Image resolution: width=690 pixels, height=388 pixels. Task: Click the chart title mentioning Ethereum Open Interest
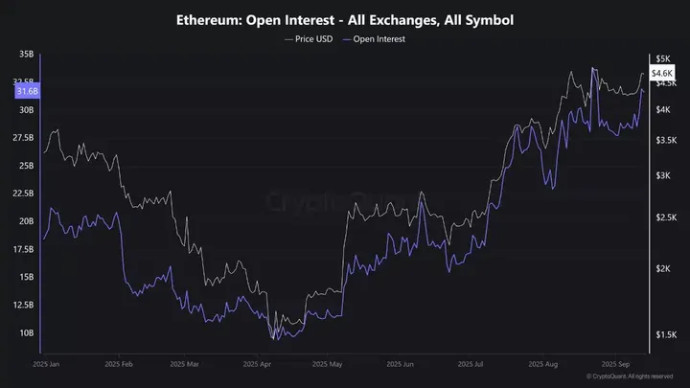[344, 19]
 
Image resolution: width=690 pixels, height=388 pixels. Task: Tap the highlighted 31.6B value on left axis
[27, 91]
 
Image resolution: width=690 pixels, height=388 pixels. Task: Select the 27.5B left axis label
[23, 138]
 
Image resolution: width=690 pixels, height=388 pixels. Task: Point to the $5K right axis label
[662, 58]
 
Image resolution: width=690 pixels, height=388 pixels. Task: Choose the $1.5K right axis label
[664, 334]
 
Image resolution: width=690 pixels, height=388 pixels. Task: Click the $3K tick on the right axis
[662, 176]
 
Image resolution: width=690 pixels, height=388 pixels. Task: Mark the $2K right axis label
[662, 269]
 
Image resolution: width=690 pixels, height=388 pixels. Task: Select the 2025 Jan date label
[46, 364]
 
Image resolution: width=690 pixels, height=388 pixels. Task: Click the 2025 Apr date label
[259, 364]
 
